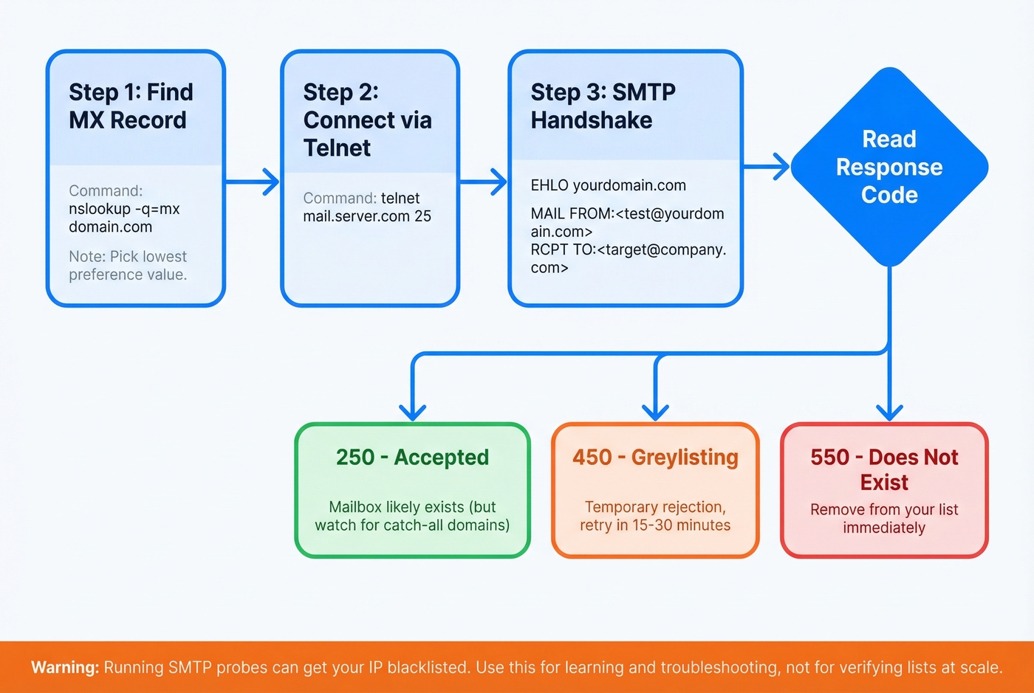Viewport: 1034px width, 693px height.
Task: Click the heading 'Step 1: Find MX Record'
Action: pyautogui.click(x=131, y=106)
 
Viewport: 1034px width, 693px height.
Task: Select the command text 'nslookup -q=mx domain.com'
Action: pyautogui.click(x=123, y=218)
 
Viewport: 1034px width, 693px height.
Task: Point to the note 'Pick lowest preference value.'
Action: pyautogui.click(x=128, y=266)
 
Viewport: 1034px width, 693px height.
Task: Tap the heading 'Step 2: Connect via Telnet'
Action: pyautogui.click(x=367, y=120)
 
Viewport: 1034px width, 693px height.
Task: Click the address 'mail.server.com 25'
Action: pyautogui.click(x=367, y=216)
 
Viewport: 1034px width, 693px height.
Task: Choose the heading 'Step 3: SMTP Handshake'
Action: pyautogui.click(x=603, y=106)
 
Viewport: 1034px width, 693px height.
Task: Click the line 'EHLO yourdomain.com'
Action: pyautogui.click(x=608, y=185)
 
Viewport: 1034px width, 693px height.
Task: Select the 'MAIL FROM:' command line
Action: pyautogui.click(x=627, y=222)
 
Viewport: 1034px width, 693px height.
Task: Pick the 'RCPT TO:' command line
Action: pyautogui.click(x=628, y=258)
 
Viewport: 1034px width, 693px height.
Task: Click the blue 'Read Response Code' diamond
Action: pyautogui.click(x=889, y=168)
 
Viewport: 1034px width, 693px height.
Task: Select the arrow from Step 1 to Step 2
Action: pyautogui.click(x=253, y=181)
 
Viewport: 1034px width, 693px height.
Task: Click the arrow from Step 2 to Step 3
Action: pyautogui.click(x=484, y=181)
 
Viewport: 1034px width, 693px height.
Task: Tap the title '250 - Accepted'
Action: pyautogui.click(x=412, y=458)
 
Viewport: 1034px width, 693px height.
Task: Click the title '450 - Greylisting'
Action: pyautogui.click(x=655, y=458)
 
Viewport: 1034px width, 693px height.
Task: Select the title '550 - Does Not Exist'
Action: pyautogui.click(x=884, y=469)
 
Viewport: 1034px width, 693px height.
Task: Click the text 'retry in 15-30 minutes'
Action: pyautogui.click(x=655, y=525)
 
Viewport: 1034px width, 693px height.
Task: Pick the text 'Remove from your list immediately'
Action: pyautogui.click(x=884, y=518)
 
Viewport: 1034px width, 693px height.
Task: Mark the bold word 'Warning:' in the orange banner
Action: pyautogui.click(x=65, y=667)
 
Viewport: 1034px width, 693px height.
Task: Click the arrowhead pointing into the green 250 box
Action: pyautogui.click(x=412, y=412)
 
